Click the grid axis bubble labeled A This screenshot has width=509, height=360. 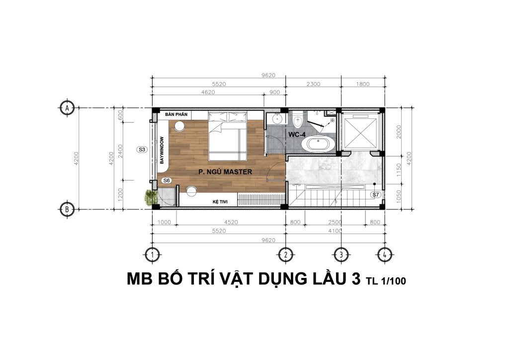[67, 108]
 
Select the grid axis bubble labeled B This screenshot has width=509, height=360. [67, 209]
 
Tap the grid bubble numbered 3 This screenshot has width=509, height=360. [341, 255]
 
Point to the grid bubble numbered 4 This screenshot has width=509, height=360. [384, 255]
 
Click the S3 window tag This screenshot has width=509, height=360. [142, 150]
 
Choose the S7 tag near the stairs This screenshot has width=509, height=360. [376, 195]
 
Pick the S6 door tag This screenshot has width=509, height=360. [167, 180]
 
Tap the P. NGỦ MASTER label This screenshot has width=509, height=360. [225, 172]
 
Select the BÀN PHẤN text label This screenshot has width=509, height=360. [176, 114]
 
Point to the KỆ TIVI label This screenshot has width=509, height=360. [220, 201]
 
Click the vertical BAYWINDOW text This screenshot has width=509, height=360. [162, 150]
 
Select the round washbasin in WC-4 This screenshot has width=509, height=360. [277, 119]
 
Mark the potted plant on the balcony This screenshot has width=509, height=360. [150, 197]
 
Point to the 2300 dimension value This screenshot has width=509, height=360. [313, 84]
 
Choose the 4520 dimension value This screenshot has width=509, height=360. [231, 222]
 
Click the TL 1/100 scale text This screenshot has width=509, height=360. [386, 280]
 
